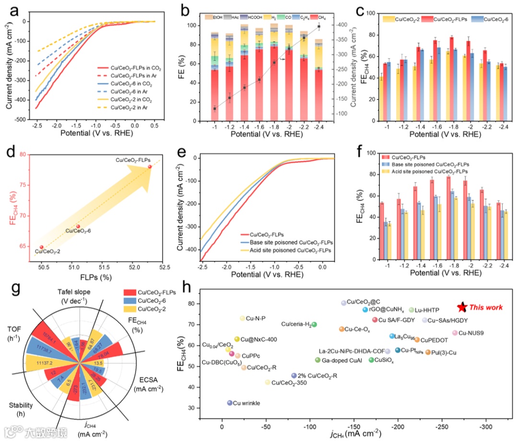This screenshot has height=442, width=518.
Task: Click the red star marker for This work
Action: pos(462,307)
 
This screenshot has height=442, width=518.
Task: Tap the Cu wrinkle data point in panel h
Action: pos(230,403)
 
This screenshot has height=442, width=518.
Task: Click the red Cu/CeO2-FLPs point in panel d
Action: pos(150,167)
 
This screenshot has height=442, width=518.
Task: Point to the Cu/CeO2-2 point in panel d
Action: pos(42,247)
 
